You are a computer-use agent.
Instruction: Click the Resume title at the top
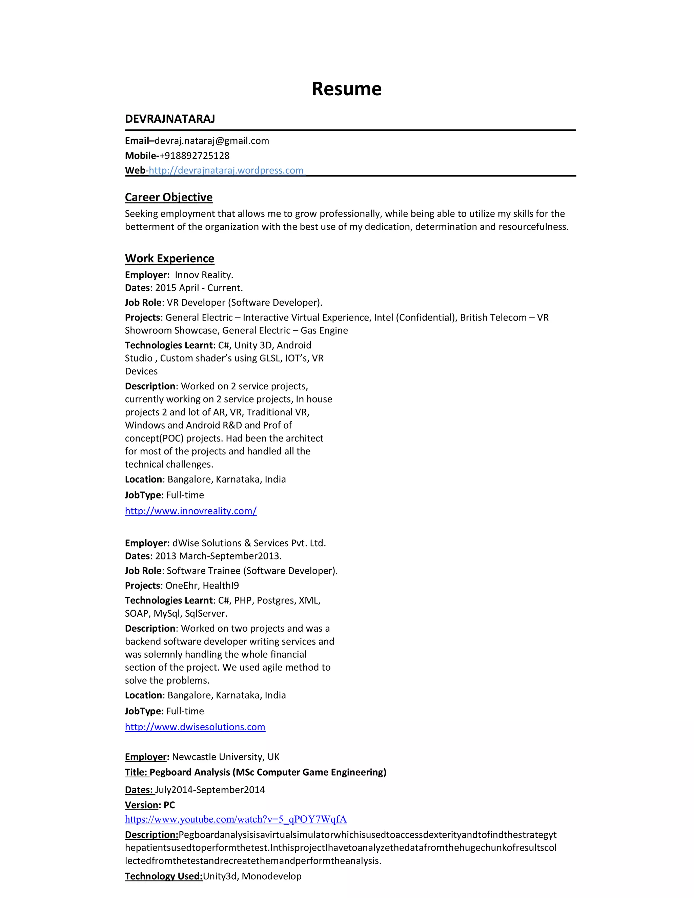pos(346,89)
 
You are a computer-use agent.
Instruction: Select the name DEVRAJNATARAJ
pos(170,119)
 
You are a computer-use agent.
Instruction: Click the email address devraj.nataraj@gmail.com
pos(212,141)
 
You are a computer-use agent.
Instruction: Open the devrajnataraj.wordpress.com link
pos(226,170)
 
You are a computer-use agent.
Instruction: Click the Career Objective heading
pos(168,197)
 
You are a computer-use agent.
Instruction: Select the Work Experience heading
pos(169,258)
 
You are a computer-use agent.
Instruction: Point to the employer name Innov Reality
pos(204,275)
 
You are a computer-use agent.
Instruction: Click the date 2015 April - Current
pos(199,288)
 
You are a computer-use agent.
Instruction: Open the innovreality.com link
pos(191,511)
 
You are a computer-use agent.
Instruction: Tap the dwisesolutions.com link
pos(195,727)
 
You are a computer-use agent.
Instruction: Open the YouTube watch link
pos(236,819)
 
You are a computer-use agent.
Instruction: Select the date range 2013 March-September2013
pos(218,556)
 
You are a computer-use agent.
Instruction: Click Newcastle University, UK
pos(226,757)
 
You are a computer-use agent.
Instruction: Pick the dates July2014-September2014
pos(210,790)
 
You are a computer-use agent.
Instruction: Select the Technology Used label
pos(164,876)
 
